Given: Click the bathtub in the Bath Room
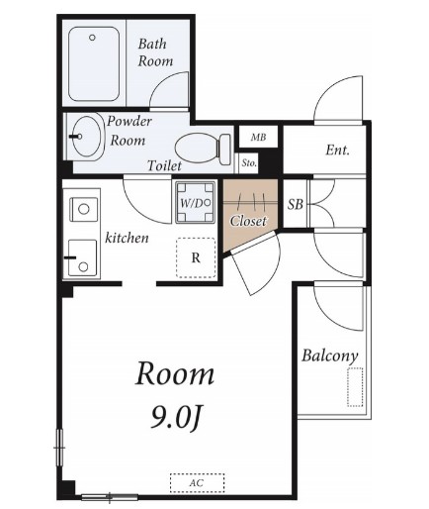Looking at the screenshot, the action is (94, 63).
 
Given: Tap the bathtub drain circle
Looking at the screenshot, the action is (92, 38).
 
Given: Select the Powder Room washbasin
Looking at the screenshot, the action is (86, 137).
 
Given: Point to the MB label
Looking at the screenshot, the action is (258, 137).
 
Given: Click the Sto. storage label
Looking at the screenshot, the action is (249, 162).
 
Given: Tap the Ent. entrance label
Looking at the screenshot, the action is (337, 151).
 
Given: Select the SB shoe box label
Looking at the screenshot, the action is (295, 204).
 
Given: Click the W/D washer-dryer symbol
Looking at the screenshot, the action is (196, 203).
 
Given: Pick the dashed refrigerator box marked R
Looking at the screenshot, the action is (196, 257).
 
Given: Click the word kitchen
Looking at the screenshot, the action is (127, 238).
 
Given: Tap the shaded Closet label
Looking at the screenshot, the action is (248, 221).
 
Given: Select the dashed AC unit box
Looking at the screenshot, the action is (197, 483).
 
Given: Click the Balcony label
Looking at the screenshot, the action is (330, 356).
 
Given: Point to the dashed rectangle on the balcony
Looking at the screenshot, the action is (355, 387).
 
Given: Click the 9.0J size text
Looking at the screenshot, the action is (176, 417).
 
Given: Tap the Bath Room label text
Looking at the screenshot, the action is (155, 52).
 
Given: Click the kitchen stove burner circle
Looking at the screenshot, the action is (84, 209).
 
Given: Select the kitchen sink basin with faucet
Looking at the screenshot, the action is (82, 257).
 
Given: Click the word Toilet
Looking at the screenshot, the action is (164, 165).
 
